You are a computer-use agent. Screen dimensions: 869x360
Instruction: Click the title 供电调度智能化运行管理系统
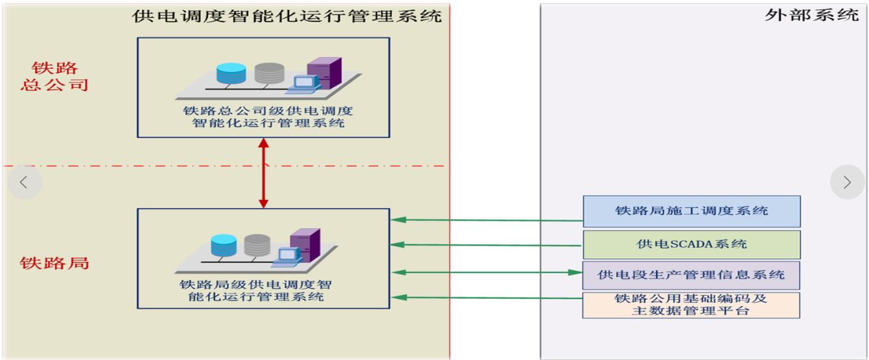click(x=287, y=16)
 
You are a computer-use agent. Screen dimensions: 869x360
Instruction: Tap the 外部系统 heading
click(x=812, y=15)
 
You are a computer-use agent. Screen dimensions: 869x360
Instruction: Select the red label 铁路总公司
click(x=55, y=77)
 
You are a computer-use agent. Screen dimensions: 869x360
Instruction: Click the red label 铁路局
click(x=55, y=263)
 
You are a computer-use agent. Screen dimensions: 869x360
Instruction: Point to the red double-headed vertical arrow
click(x=264, y=173)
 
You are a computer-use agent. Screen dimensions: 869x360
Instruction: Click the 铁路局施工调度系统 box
click(x=692, y=211)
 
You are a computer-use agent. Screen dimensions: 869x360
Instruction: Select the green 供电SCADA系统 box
click(x=692, y=244)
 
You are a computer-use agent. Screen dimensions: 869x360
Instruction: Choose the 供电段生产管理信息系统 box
click(x=691, y=276)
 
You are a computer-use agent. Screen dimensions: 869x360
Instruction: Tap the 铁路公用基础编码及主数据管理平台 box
click(x=691, y=305)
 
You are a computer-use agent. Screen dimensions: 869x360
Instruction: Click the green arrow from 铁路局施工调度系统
click(x=487, y=220)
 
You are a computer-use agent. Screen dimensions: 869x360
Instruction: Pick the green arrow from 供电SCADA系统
click(x=486, y=245)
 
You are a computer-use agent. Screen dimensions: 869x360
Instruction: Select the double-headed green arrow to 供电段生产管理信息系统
click(x=487, y=272)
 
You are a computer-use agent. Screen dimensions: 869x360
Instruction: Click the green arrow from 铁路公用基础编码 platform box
click(x=487, y=298)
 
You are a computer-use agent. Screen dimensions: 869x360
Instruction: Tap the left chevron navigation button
click(x=24, y=182)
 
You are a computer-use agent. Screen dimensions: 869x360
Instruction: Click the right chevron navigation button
click(x=847, y=182)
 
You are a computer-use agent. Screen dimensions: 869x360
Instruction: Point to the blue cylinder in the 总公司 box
click(x=231, y=73)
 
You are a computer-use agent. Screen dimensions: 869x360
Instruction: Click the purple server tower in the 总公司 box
click(x=324, y=73)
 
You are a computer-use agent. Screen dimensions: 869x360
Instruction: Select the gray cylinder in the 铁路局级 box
click(x=257, y=245)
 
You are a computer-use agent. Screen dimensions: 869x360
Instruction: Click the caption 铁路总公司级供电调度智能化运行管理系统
click(x=268, y=117)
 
